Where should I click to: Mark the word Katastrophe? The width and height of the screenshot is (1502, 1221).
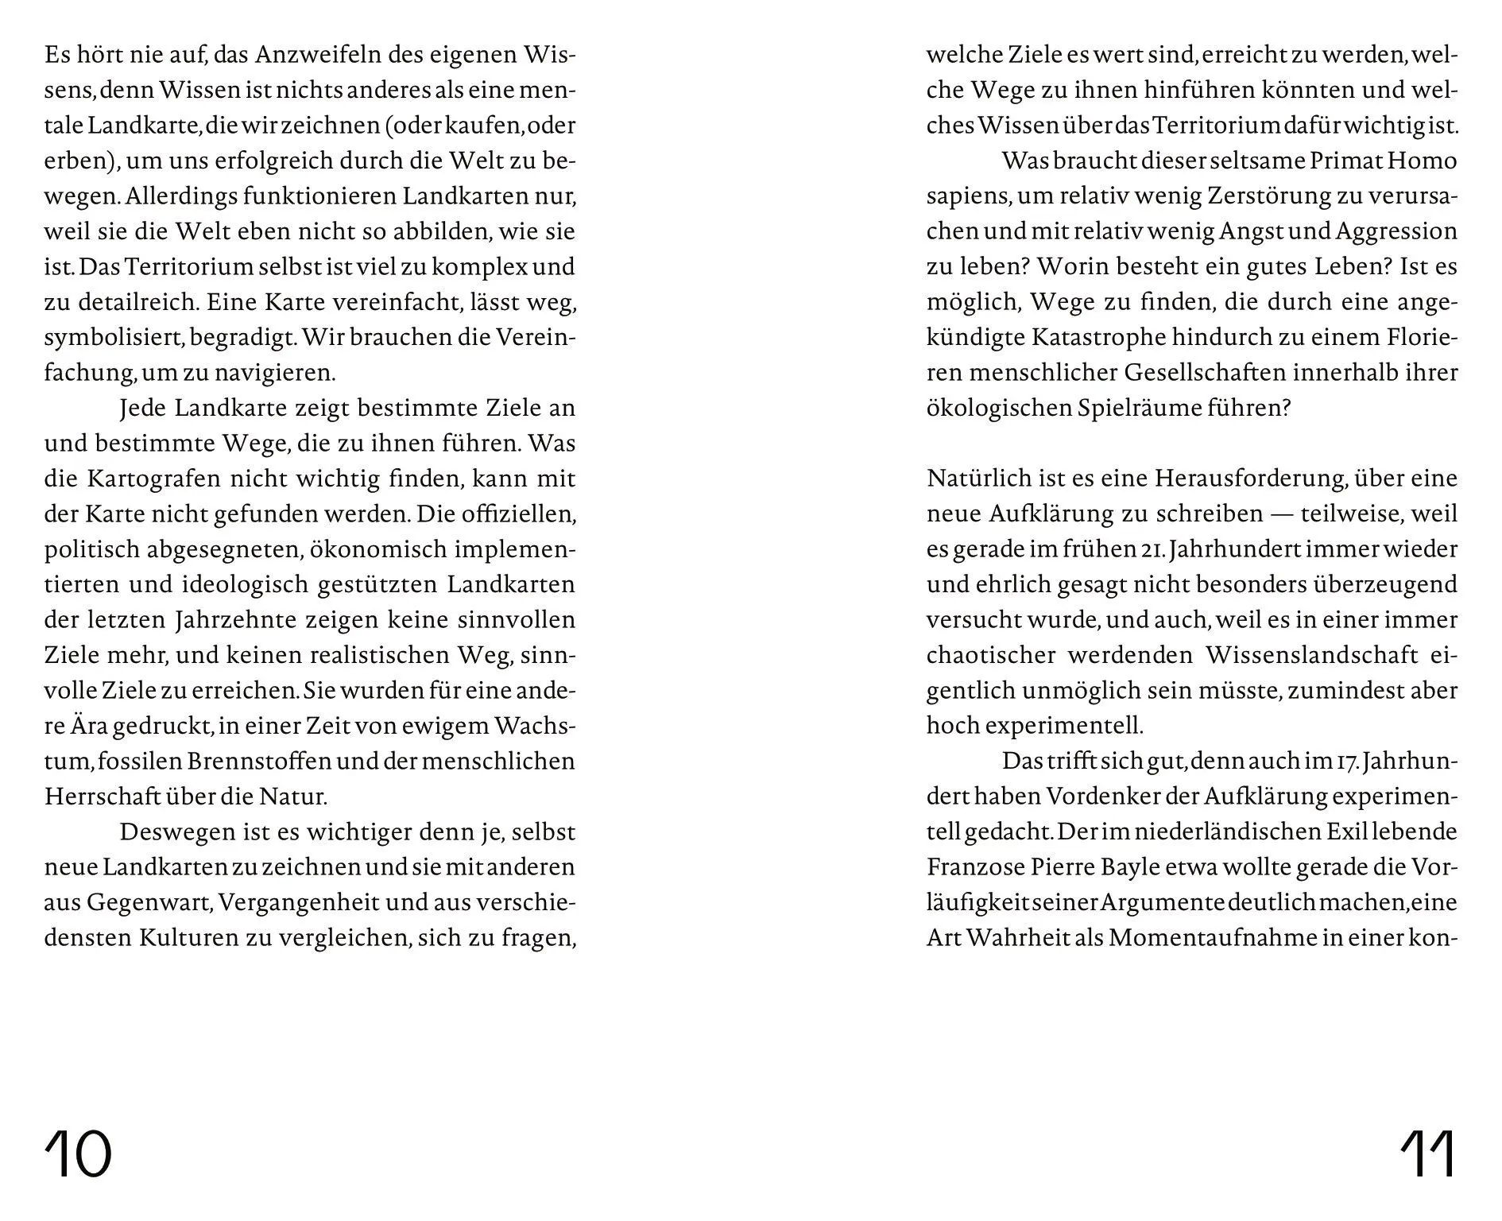[1099, 337]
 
